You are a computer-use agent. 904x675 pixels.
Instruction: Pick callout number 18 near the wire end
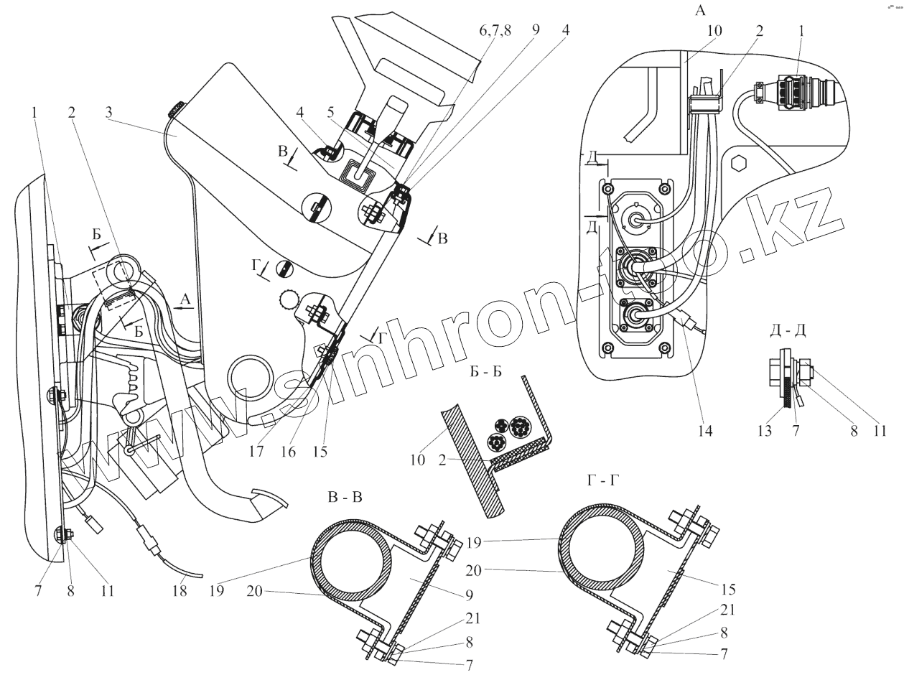click(x=179, y=590)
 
